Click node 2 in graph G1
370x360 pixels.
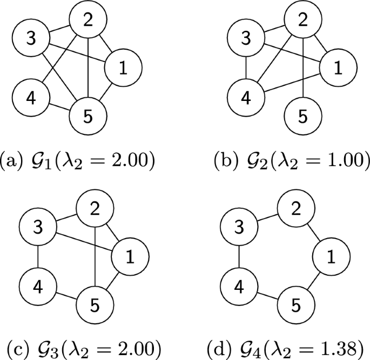tap(88, 21)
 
